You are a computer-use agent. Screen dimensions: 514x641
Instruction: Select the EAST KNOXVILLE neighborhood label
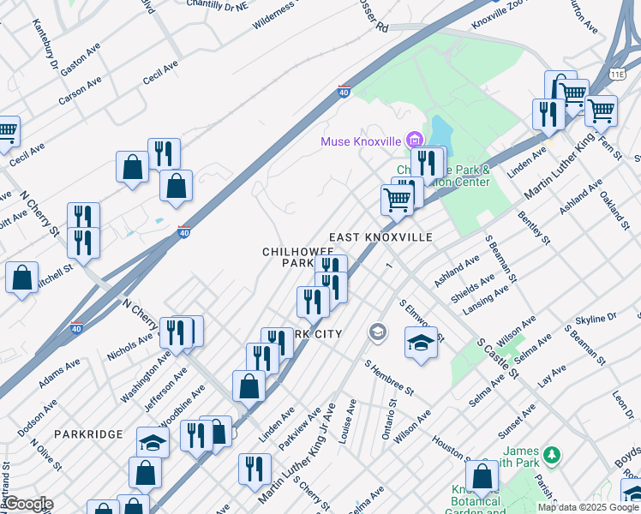[380, 236]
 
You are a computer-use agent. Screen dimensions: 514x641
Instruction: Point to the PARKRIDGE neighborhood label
[88, 435]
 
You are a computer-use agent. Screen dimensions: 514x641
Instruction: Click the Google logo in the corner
[27, 505]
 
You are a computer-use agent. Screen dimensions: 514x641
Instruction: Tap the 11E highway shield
[618, 75]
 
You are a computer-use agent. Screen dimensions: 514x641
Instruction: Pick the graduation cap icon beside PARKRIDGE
[153, 442]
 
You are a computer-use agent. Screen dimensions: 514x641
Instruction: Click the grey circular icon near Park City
[376, 332]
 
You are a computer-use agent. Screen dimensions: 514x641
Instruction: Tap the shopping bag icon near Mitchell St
[21, 278]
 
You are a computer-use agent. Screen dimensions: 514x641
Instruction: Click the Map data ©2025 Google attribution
[588, 507]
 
